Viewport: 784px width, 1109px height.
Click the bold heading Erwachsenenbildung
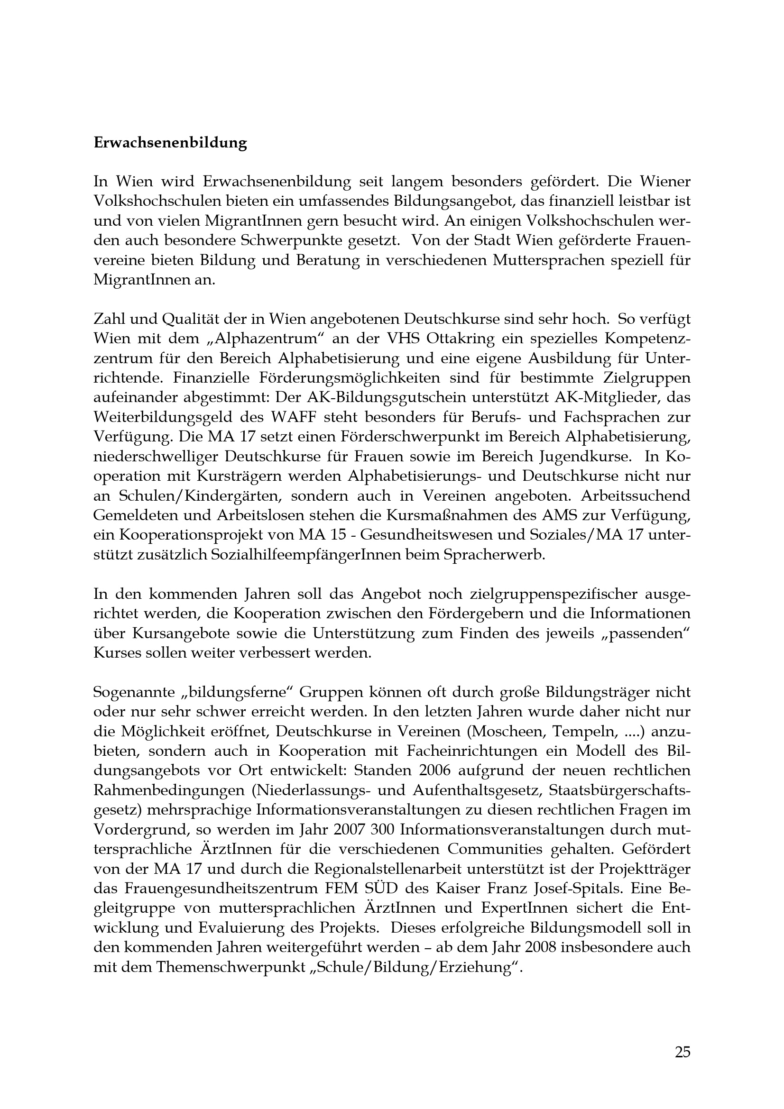pos(170,143)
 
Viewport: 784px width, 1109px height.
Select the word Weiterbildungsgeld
pos(165,417)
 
